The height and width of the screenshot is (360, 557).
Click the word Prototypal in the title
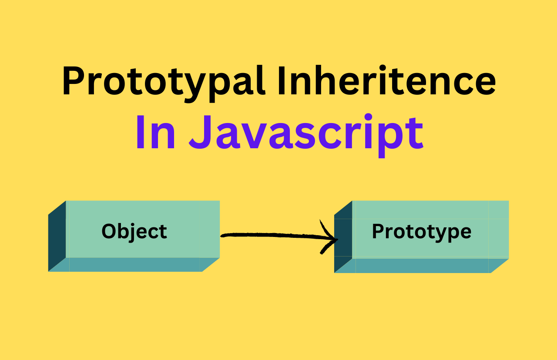click(x=163, y=81)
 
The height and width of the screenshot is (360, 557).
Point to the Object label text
click(x=134, y=231)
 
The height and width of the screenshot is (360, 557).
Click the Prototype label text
click(x=421, y=231)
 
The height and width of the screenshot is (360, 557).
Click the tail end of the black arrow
click(x=223, y=236)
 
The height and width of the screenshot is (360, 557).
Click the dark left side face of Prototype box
click(x=343, y=237)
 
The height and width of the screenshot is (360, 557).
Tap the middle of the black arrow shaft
click(x=278, y=236)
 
